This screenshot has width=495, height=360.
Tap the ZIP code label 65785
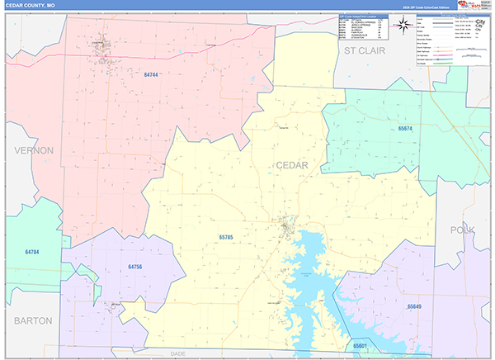tap(227, 238)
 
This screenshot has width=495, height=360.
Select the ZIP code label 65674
tap(406, 128)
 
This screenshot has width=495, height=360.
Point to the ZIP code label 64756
tap(135, 267)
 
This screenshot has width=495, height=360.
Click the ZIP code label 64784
tap(32, 251)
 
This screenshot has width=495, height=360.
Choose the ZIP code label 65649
tap(413, 306)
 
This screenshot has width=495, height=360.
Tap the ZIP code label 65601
tap(360, 346)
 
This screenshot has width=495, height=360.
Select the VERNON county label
tap(33, 150)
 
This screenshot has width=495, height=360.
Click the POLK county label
tap(464, 229)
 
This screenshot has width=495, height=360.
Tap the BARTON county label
tap(33, 320)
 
